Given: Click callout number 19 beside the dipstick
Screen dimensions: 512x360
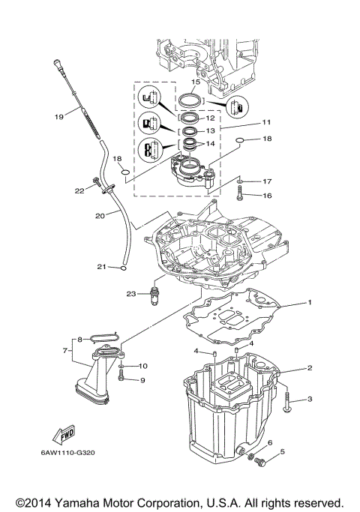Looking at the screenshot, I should point(58,116).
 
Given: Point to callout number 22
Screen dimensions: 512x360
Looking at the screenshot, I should point(80,190).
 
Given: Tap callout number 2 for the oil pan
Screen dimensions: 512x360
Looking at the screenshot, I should point(308,368).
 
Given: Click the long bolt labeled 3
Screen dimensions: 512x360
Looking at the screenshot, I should point(288,406).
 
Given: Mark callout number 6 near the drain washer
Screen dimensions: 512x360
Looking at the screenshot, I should point(270,443).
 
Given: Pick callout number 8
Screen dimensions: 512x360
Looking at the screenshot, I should point(79,340).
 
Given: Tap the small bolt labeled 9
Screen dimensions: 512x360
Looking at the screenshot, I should point(121,379).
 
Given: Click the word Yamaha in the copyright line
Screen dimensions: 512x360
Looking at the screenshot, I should point(83,502).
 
